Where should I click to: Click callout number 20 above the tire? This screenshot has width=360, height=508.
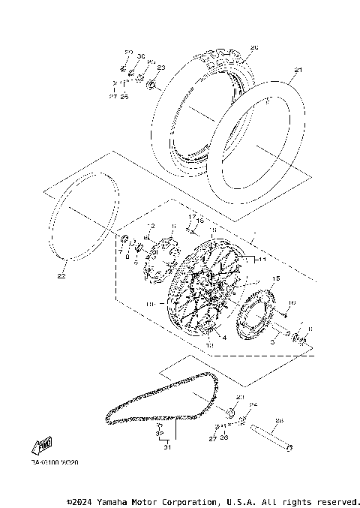(x=253, y=47)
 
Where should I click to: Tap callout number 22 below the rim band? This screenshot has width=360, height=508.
(x=61, y=275)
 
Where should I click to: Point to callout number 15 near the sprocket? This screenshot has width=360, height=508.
(x=275, y=278)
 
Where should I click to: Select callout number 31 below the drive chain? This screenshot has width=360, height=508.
(x=168, y=448)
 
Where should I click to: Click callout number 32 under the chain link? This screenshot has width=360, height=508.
(x=159, y=433)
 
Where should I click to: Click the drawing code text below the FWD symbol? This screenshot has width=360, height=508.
(x=54, y=462)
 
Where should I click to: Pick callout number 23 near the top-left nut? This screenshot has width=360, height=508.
(x=161, y=68)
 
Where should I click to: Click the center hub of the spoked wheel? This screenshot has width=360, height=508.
(x=204, y=289)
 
